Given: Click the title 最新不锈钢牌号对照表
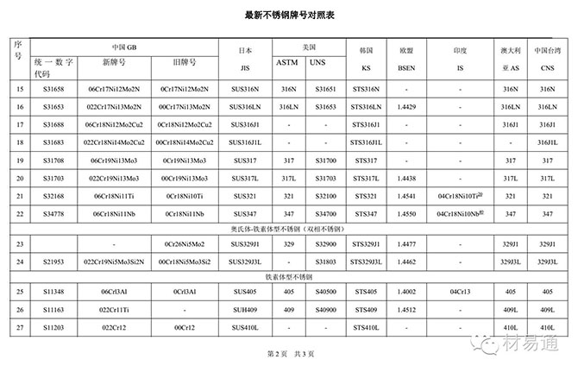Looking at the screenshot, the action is [x=288, y=15].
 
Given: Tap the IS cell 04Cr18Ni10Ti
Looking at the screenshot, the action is [x=464, y=196].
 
